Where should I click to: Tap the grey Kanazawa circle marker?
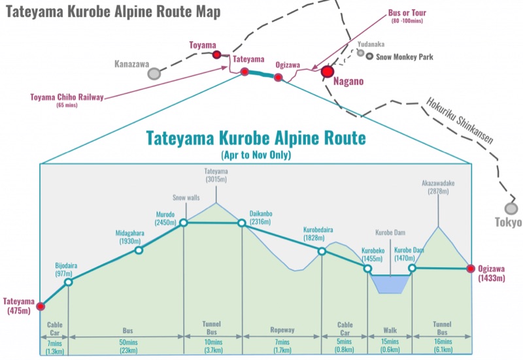pyautogui.click(x=154, y=73)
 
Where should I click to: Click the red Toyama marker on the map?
pyautogui.click(x=216, y=55)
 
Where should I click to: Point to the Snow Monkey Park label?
pyautogui.click(x=404, y=57)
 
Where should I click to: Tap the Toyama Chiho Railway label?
pyautogui.click(x=67, y=98)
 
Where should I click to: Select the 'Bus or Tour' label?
pyautogui.click(x=406, y=14)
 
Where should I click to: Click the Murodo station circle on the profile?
pyautogui.click(x=184, y=223)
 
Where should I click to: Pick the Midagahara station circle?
pyautogui.click(x=139, y=250)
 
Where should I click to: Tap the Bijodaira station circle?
pyautogui.click(x=69, y=282)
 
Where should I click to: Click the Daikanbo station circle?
pyautogui.click(x=241, y=223)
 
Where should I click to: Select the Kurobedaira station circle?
pyautogui.click(x=322, y=251)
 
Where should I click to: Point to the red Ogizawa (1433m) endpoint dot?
pyautogui.click(x=470, y=269)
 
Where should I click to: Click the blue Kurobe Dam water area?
pyautogui.click(x=390, y=283)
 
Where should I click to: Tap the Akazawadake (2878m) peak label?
pyautogui.click(x=438, y=188)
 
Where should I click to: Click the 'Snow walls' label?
pyautogui.click(x=186, y=197)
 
